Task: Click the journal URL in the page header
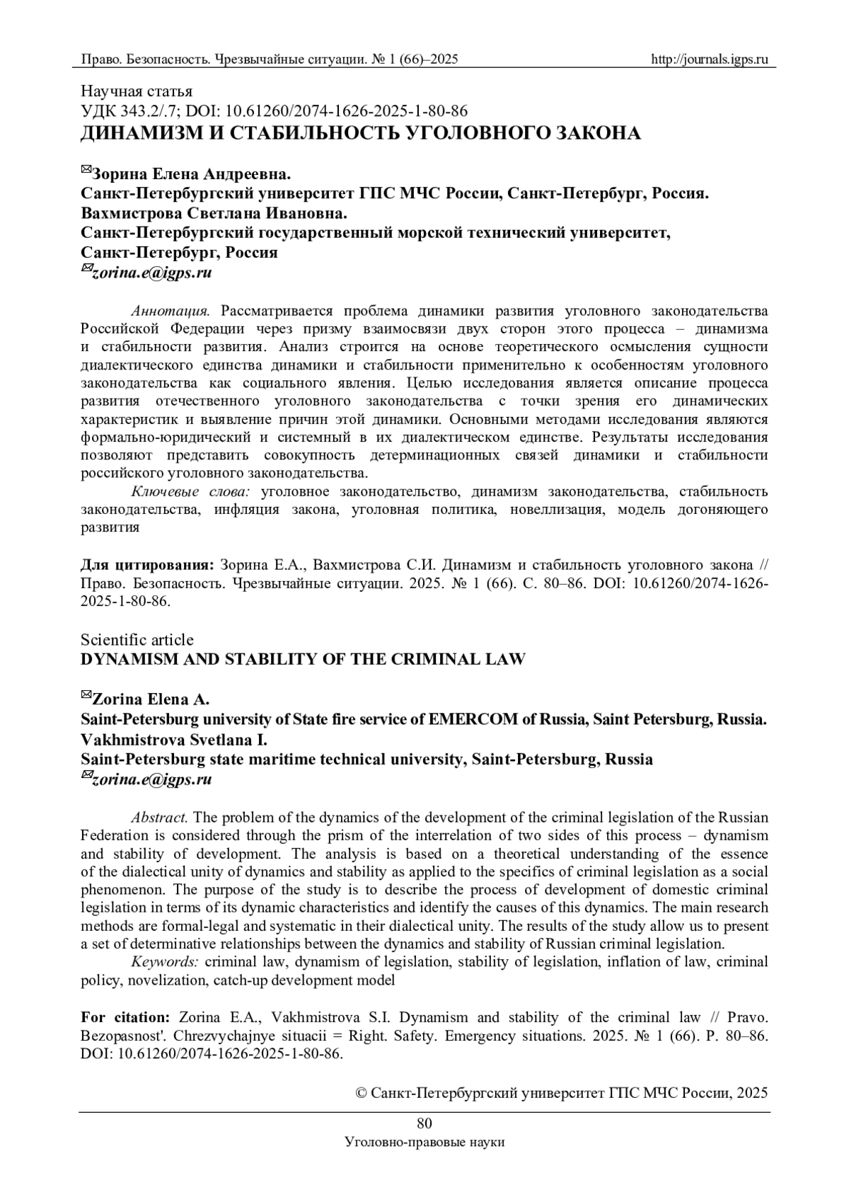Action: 709,59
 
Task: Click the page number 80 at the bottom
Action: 424,1123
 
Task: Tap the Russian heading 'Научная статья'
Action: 136,91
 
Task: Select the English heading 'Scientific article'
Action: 137,639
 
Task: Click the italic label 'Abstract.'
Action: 159,817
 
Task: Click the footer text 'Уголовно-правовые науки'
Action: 424,1142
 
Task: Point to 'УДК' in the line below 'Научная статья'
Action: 96,110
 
